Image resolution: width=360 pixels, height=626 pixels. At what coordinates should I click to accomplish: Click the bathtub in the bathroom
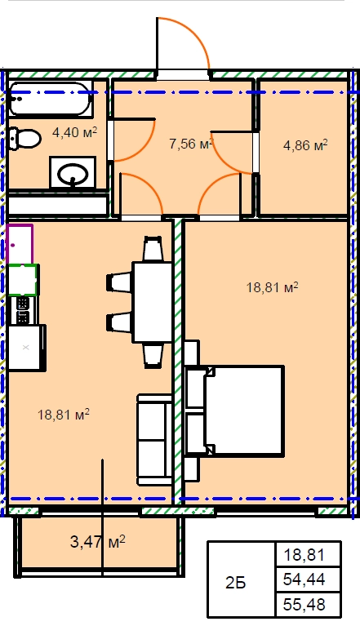[x=51, y=99]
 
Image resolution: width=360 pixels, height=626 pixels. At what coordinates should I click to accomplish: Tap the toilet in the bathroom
[x=24, y=139]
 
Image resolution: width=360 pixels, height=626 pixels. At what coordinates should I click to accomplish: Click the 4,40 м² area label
[x=75, y=132]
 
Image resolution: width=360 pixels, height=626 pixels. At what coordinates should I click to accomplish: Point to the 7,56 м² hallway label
[x=190, y=144]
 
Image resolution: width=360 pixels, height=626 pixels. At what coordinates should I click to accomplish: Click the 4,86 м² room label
[x=305, y=145]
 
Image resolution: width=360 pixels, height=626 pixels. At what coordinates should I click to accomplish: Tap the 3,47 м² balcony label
[x=98, y=542]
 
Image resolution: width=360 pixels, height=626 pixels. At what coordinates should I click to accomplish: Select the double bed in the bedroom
[x=235, y=411]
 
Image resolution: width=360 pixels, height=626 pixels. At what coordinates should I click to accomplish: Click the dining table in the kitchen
[x=152, y=301]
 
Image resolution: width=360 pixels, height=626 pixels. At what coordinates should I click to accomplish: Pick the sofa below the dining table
[x=155, y=440]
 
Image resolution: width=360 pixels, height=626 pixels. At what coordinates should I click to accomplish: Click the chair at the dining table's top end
[x=153, y=248]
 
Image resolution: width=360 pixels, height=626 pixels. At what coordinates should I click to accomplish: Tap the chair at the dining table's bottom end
[x=153, y=355]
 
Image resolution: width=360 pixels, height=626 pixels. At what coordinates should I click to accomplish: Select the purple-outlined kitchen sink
[x=20, y=244]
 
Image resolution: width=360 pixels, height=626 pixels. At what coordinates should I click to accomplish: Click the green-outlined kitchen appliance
[x=23, y=280]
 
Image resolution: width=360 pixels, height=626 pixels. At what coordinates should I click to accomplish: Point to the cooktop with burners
[x=23, y=310]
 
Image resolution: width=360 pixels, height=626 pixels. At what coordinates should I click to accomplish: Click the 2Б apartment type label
[x=235, y=584]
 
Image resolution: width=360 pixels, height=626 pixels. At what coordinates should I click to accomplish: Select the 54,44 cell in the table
[x=304, y=579]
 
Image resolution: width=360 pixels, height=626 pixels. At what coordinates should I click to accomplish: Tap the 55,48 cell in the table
[x=304, y=605]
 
